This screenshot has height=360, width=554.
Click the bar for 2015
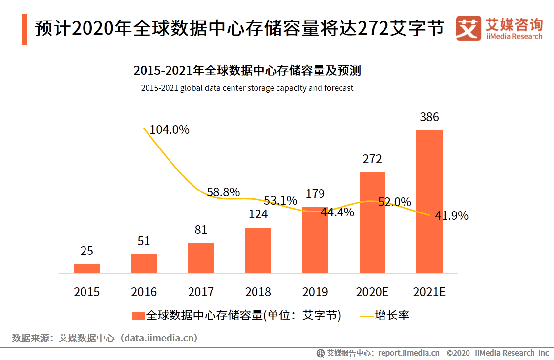tap(86, 268)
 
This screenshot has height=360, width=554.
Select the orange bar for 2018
tap(258, 250)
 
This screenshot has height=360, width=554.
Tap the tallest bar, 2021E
tap(429, 201)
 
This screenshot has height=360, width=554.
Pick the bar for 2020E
tap(372, 222)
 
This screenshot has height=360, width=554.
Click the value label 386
tap(429, 117)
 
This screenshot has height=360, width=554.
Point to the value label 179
tap(315, 194)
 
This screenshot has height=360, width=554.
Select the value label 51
tap(144, 241)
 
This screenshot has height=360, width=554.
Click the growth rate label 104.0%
tap(169, 130)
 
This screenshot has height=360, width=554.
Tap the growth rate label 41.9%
tap(451, 215)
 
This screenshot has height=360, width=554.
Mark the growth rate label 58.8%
tap(223, 192)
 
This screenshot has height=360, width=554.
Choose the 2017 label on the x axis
tap(201, 292)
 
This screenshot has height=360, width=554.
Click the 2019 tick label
tap(315, 292)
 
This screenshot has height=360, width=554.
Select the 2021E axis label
tap(429, 292)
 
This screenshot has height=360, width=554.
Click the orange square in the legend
tap(138, 316)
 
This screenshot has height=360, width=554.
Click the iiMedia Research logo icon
tap(468, 29)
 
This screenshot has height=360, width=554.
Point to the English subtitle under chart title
tap(247, 88)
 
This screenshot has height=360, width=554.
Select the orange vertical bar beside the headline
tap(24, 29)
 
